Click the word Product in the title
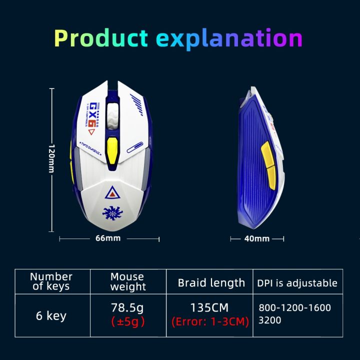point(101,39)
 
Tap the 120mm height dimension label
point(51,159)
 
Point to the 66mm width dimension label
point(108,238)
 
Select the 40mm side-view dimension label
point(256,238)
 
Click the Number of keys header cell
point(51,281)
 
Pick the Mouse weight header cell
point(127,282)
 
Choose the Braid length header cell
point(211,282)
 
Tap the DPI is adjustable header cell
point(297,282)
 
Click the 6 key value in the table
point(51,316)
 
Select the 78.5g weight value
point(127,307)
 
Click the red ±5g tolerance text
point(127,321)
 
